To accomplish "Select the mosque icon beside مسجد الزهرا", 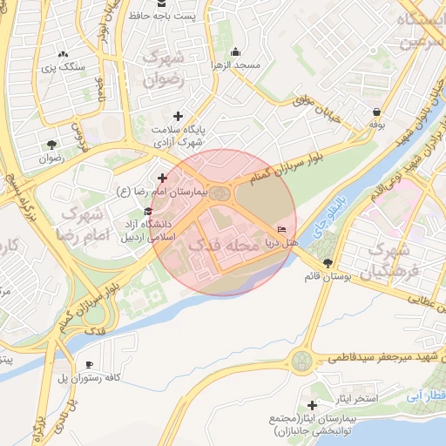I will pyautogui.click(x=237, y=51).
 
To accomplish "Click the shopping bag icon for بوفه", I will pyautogui.click(x=376, y=111).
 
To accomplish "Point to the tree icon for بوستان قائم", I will pyautogui.click(x=328, y=263).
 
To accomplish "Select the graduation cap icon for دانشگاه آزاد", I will pyautogui.click(x=148, y=212).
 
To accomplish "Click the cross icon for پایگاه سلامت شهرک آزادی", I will pyautogui.click(x=179, y=116).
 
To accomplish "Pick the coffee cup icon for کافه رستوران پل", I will pyautogui.click(x=88, y=364).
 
